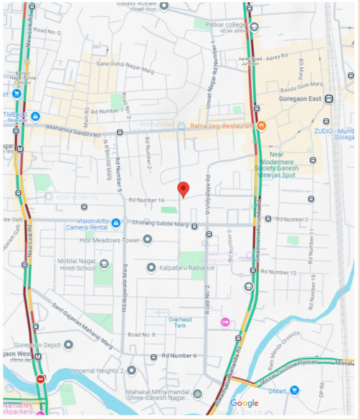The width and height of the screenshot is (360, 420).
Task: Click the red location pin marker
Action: pyautogui.click(x=183, y=189)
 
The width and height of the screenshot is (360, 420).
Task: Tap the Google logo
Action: pyautogui.click(x=244, y=404)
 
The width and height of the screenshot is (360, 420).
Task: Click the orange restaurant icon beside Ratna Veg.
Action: pyautogui.click(x=262, y=125)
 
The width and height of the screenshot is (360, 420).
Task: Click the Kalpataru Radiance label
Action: pyautogui.click(x=186, y=267)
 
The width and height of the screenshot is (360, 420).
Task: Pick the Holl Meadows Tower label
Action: pyautogui.click(x=110, y=240)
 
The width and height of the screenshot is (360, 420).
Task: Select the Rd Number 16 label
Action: pyautogui.click(x=146, y=201)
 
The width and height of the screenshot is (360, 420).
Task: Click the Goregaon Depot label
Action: pyautogui.click(x=39, y=345)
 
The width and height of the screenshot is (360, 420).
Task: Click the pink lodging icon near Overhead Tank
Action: pyautogui.click(x=225, y=323)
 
